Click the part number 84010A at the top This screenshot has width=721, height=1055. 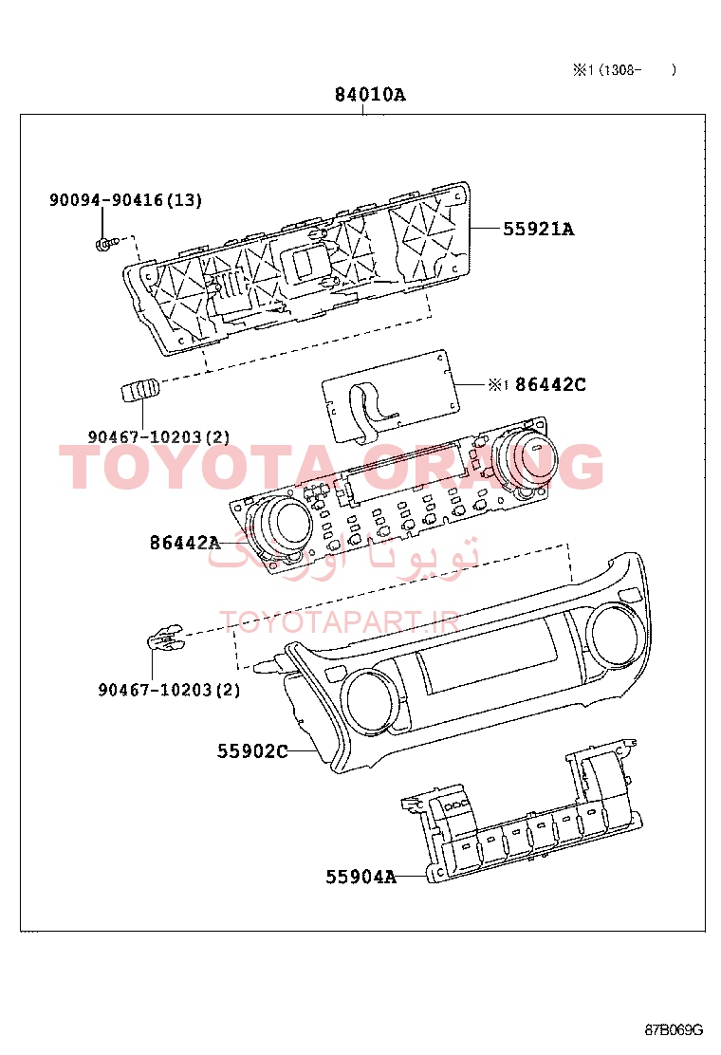click(370, 95)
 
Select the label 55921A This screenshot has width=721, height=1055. click(539, 230)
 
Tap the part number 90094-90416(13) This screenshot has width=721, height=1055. click(126, 200)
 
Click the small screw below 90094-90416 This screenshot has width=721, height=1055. click(106, 242)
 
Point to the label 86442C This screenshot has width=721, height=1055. click(550, 385)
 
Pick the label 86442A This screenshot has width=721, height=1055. click(185, 543)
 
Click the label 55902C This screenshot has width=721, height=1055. click(252, 750)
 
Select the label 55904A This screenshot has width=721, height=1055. click(361, 877)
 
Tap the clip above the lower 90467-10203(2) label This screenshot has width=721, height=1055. click(165, 637)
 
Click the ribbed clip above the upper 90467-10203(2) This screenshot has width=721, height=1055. click(140, 390)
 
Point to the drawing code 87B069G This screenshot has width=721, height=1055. click(674, 1030)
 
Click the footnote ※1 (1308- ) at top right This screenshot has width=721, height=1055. click(624, 70)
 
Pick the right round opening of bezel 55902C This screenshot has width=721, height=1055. click(614, 633)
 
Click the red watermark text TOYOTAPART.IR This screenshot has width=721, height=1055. click(340, 622)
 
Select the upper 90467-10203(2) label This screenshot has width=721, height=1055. click(158, 437)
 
